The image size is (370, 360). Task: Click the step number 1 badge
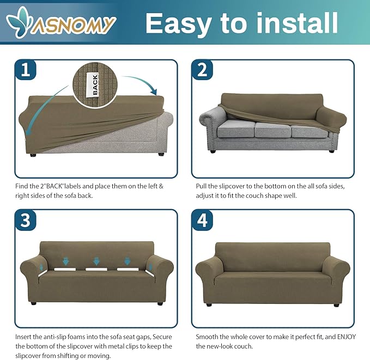point(26,70)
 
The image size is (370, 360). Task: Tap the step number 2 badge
point(202,70)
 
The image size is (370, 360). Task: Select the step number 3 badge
point(26,220)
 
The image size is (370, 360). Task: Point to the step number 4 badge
point(202,220)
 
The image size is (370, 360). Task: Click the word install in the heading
point(297,23)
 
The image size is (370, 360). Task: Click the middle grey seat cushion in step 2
point(273,130)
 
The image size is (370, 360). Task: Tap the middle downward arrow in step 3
point(96,261)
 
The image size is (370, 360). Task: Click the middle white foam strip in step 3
point(96,269)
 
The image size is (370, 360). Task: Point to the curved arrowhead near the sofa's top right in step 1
point(154,91)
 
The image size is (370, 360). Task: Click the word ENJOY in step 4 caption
point(347,337)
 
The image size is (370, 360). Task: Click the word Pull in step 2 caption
point(201,186)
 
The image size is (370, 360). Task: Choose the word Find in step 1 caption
point(21,186)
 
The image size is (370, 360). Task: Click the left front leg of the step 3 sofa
point(33,303)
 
